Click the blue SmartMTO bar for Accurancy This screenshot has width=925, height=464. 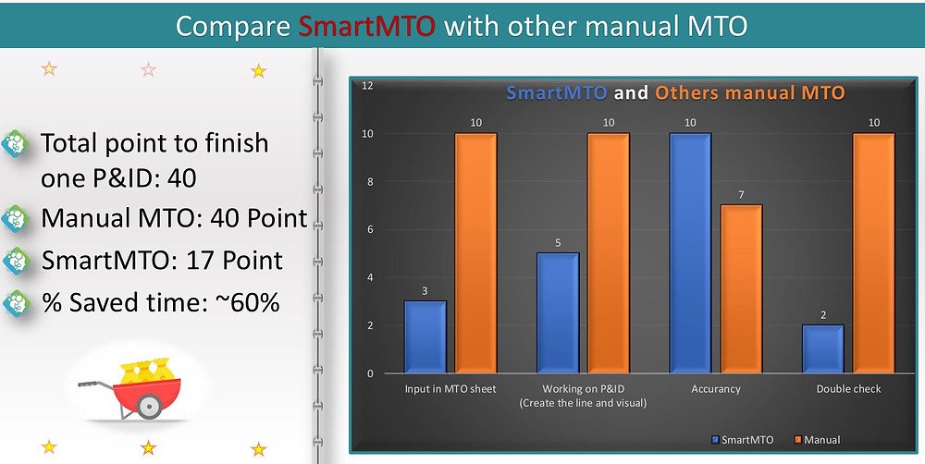pyautogui.click(x=690, y=253)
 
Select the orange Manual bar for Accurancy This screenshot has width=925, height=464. pyautogui.click(x=741, y=289)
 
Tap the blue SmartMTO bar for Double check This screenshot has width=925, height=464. pyautogui.click(x=823, y=349)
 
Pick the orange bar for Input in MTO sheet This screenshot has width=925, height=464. pyautogui.click(x=475, y=253)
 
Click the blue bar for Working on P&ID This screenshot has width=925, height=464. pyautogui.click(x=558, y=313)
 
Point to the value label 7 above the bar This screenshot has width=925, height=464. pyautogui.click(x=741, y=194)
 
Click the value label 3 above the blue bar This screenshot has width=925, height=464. pyautogui.click(x=425, y=291)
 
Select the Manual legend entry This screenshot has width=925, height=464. pyautogui.click(x=818, y=440)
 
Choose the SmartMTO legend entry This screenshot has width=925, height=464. pyautogui.click(x=743, y=440)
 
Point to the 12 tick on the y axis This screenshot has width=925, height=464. pyautogui.click(x=367, y=86)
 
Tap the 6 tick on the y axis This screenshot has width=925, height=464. pyautogui.click(x=371, y=229)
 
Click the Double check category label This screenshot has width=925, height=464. pyautogui.click(x=848, y=389)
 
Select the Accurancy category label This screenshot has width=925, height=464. pyautogui.click(x=716, y=389)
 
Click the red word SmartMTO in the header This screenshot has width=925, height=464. pyautogui.click(x=366, y=26)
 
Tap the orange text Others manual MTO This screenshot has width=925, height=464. pyautogui.click(x=750, y=93)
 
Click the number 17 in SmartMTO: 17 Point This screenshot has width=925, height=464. pyautogui.click(x=206, y=261)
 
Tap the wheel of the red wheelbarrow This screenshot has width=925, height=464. pyautogui.click(x=149, y=405)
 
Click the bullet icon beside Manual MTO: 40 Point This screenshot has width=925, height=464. pyautogui.click(x=16, y=219)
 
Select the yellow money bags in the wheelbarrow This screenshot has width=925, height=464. pyautogui.click(x=147, y=372)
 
